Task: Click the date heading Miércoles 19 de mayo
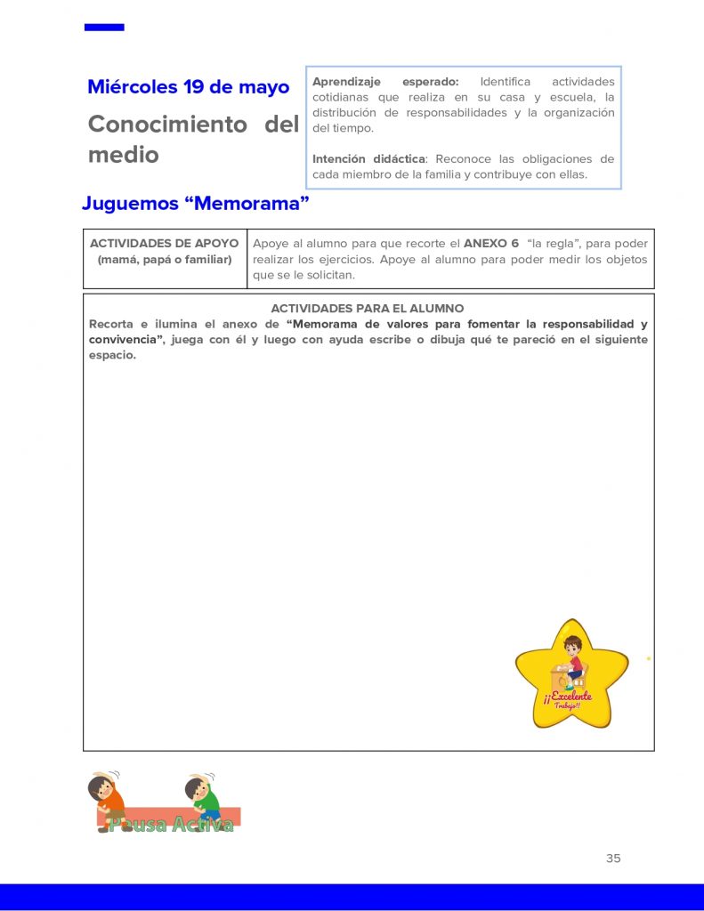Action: (x=188, y=87)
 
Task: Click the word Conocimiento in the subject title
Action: (x=167, y=125)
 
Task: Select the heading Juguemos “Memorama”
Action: (x=196, y=203)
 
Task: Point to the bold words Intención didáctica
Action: (x=368, y=159)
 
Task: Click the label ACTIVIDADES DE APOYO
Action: (x=165, y=243)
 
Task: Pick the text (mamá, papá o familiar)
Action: (x=165, y=259)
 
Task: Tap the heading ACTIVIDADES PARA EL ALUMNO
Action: (x=368, y=309)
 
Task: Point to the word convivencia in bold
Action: (x=120, y=340)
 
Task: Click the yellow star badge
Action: (x=571, y=676)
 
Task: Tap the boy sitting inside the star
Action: (x=571, y=661)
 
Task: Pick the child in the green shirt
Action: (x=203, y=798)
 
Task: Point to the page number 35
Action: (x=613, y=859)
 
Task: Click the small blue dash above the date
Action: (x=104, y=28)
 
